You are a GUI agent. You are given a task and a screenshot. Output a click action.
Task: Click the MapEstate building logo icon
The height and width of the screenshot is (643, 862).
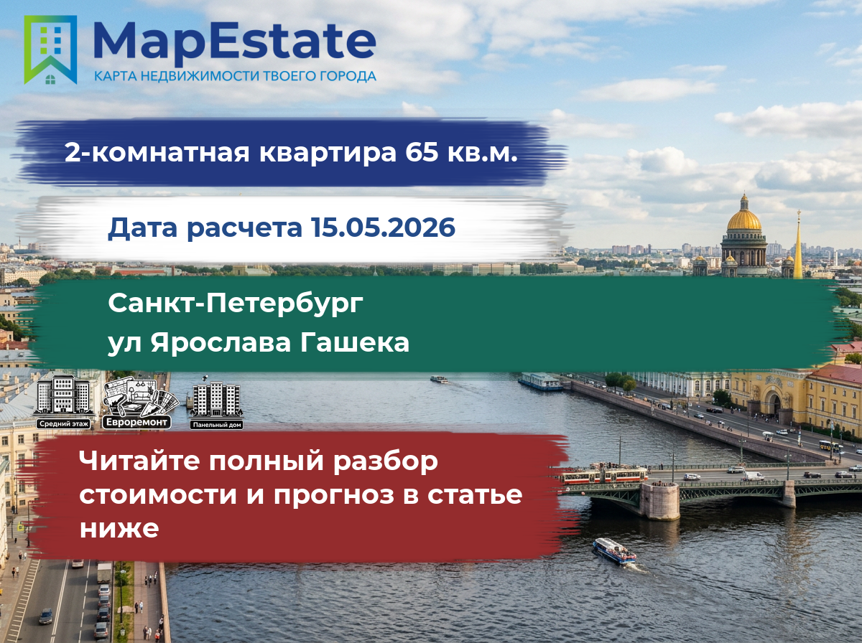(x=50, y=50)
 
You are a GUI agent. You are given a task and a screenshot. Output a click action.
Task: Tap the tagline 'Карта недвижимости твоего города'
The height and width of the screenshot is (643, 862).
(x=235, y=76)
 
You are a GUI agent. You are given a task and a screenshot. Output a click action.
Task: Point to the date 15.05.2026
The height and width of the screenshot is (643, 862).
(x=384, y=227)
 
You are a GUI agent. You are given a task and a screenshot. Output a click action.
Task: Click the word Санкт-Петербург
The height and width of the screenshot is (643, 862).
(x=236, y=304)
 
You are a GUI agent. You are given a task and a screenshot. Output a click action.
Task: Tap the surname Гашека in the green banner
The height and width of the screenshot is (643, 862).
(x=355, y=342)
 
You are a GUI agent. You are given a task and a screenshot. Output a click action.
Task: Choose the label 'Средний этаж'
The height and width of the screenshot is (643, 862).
(x=64, y=423)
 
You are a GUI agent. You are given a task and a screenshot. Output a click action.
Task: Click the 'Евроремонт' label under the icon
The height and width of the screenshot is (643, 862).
(x=136, y=422)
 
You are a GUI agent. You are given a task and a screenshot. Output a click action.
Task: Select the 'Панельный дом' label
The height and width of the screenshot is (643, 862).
(x=217, y=425)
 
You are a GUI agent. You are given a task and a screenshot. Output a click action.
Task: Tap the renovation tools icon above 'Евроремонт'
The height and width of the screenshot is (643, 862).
(x=140, y=397)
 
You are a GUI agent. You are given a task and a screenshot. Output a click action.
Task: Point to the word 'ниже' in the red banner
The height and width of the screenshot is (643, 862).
(x=119, y=528)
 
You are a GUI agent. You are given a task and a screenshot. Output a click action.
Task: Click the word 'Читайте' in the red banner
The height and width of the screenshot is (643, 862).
(x=139, y=460)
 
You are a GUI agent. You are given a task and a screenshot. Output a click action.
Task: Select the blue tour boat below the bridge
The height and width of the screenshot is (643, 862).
(x=614, y=551)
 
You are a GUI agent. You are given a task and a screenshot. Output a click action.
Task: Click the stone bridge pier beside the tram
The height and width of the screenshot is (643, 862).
(x=659, y=501)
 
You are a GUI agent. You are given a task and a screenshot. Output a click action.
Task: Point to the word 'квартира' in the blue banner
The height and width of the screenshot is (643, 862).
(x=328, y=152)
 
